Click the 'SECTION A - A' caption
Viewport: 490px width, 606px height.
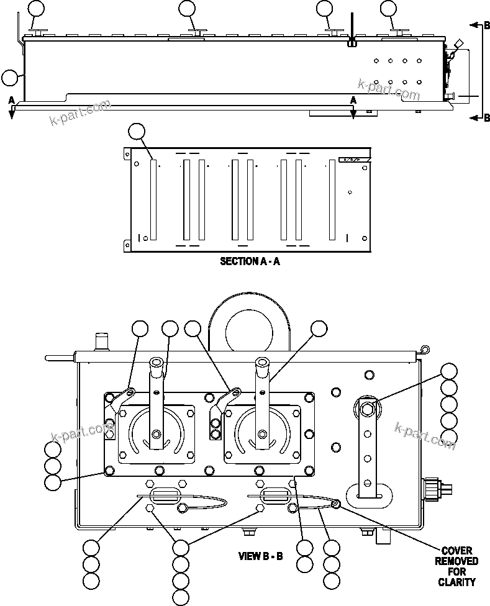coord(250,261)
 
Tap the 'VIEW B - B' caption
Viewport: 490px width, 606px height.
coord(261,556)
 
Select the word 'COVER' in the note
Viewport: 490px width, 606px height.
coord(456,551)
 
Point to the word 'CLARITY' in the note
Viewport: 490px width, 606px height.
coord(456,582)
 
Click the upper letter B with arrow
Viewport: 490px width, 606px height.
coord(487,25)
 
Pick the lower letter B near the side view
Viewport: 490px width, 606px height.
coord(487,118)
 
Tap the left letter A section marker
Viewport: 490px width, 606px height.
coord(11,101)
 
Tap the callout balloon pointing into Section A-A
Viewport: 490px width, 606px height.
coord(136,132)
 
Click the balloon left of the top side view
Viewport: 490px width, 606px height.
coord(10,78)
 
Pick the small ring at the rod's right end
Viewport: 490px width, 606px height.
coord(424,349)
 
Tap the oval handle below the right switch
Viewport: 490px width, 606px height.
coord(273,495)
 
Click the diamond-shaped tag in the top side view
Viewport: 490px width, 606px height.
coord(459,43)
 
